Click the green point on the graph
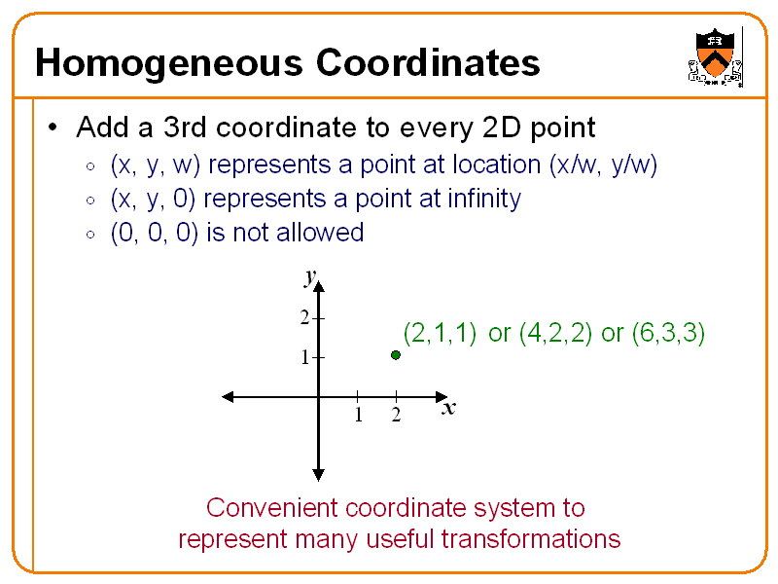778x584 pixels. click(x=396, y=355)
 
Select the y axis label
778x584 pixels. click(x=309, y=277)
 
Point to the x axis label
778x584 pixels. click(x=448, y=409)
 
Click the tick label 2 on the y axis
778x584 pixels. click(x=304, y=318)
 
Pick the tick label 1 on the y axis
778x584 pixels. click(x=304, y=357)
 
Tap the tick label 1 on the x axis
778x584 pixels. click(x=358, y=416)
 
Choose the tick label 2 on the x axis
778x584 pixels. click(x=396, y=416)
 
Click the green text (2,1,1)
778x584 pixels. click(x=440, y=334)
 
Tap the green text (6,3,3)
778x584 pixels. click(x=668, y=334)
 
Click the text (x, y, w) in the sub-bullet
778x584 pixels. click(x=156, y=165)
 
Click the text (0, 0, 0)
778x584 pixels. click(x=156, y=233)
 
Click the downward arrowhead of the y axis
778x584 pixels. click(x=318, y=475)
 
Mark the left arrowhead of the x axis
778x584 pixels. click(x=229, y=396)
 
